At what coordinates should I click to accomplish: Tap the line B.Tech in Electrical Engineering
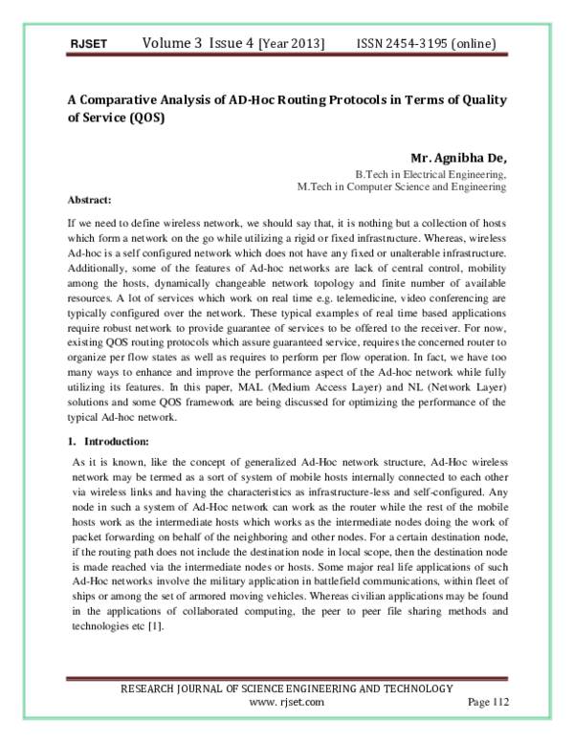point(430,175)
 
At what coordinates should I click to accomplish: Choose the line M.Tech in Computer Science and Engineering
point(402,187)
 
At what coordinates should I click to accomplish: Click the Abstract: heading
point(91,201)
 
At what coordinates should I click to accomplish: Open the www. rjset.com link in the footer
point(286,702)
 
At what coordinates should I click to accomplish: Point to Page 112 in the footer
point(488,702)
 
